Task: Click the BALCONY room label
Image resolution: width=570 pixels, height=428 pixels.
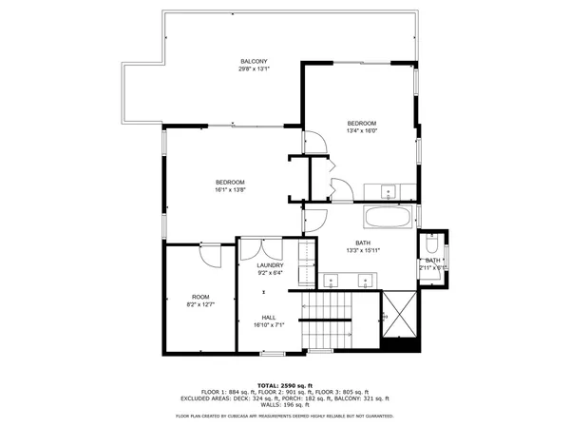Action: click(x=254, y=62)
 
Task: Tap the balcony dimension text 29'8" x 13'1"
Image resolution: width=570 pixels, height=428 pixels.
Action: click(x=254, y=69)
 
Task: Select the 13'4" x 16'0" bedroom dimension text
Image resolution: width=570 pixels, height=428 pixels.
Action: click(x=361, y=131)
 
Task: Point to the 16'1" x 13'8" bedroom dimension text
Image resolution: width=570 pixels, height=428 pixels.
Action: click(x=230, y=189)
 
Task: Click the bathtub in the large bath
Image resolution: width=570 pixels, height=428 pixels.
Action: click(x=388, y=217)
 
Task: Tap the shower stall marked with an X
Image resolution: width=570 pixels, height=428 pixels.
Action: click(x=399, y=314)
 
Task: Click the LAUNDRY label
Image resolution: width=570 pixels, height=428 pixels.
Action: click(x=271, y=265)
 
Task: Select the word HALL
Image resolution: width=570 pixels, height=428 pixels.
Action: click(x=269, y=317)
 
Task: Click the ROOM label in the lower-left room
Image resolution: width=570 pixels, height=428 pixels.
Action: click(x=200, y=296)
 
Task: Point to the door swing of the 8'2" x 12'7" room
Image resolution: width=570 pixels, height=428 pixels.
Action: click(x=211, y=256)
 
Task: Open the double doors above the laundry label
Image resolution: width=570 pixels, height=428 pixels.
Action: click(x=257, y=249)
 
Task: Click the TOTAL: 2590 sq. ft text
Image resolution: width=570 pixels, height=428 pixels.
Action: click(x=285, y=384)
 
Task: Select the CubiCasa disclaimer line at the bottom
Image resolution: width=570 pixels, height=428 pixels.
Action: click(x=285, y=416)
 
